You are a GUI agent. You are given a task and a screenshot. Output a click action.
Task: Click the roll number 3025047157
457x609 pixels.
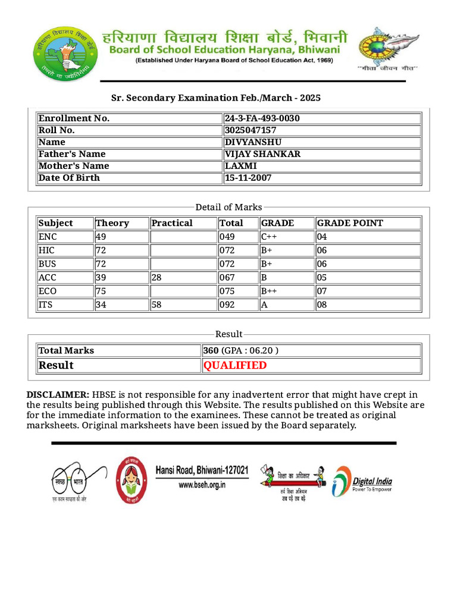point(251,130)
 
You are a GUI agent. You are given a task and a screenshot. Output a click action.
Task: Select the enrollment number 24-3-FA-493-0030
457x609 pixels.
point(262,118)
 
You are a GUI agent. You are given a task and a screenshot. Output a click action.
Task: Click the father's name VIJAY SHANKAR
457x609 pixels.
point(262,154)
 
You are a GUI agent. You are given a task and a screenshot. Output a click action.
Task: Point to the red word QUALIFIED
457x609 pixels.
point(235,365)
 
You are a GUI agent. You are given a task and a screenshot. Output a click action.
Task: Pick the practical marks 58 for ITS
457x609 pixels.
point(156,304)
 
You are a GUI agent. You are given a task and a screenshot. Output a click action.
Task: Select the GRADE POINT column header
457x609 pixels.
point(350,223)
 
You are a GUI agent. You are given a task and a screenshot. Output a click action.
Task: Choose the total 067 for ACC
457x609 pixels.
point(227,277)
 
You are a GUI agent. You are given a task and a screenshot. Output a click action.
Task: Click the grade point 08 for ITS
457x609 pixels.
point(322,304)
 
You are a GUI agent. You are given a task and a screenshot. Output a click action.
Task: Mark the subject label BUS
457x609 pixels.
point(47,263)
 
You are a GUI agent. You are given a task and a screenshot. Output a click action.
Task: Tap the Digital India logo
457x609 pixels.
point(362,481)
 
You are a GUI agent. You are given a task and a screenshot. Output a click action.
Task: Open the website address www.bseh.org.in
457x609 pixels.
point(202,485)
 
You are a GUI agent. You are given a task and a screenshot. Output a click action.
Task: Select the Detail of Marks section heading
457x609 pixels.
point(228,207)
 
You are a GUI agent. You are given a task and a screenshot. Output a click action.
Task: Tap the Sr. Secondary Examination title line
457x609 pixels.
point(216,98)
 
